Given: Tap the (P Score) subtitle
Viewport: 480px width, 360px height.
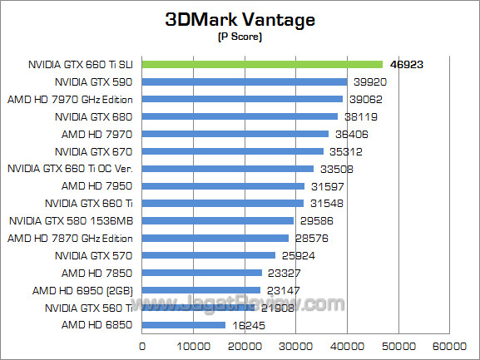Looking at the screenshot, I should [x=240, y=37].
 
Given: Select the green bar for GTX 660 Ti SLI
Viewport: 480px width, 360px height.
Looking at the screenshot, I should [x=262, y=64].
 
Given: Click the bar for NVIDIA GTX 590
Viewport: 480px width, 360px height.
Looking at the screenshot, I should [x=245, y=81].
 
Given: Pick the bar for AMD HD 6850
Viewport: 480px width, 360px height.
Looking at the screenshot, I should [x=184, y=325].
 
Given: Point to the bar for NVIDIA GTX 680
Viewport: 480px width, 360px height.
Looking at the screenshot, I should [x=240, y=116].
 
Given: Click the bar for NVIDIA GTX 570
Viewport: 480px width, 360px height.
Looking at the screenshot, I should [x=209, y=255].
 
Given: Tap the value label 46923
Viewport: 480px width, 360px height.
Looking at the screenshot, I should [x=408, y=64].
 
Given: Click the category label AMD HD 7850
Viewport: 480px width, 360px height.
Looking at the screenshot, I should [x=96, y=273].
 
